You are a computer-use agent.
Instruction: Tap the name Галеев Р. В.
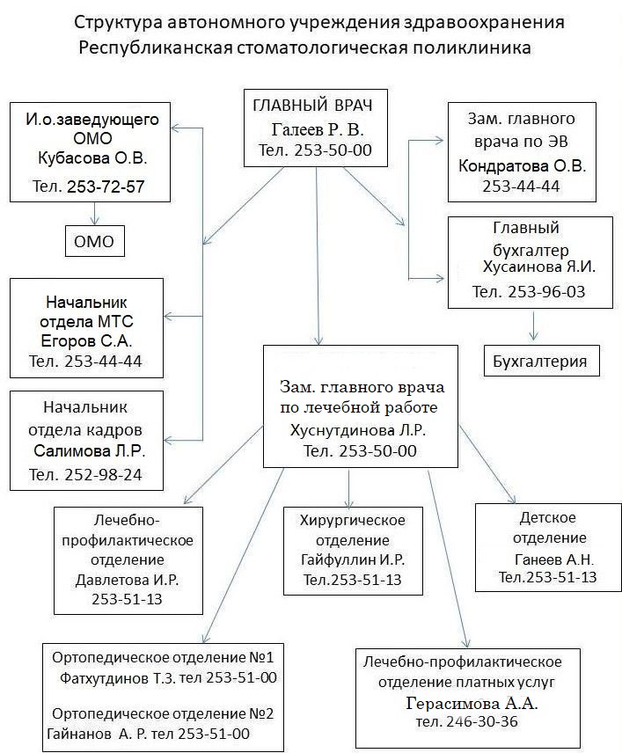point(318,129)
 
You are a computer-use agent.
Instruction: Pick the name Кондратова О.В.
point(522,165)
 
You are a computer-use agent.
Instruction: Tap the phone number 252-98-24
point(112,475)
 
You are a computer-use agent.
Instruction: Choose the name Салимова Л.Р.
point(90,451)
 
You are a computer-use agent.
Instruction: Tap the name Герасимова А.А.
point(472,704)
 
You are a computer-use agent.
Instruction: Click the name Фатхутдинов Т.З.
point(118,678)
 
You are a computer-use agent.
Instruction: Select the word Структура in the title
point(117,21)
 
